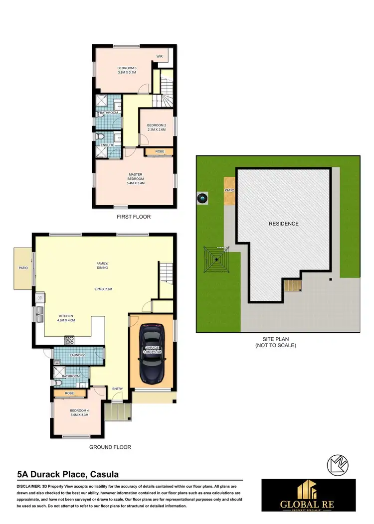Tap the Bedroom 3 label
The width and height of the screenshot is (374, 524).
click(127, 68)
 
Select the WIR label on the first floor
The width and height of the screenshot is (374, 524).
click(160, 57)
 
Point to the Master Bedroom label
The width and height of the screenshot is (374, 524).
click(136, 176)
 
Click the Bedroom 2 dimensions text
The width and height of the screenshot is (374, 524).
click(156, 130)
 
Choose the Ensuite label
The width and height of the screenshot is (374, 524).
click(107, 145)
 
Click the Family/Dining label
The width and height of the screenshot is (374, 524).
click(102, 265)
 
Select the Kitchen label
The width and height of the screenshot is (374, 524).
click(67, 316)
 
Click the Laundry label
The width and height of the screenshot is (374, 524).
click(77, 355)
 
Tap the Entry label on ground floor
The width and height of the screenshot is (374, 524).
click(117, 389)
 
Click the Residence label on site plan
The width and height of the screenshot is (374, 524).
click(284, 224)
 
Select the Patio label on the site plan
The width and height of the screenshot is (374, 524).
click(229, 190)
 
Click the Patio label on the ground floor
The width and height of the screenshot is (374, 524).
click(23, 268)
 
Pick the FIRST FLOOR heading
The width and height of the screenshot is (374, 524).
click(133, 217)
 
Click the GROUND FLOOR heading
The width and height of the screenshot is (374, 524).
click(110, 447)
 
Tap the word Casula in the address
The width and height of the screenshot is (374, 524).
click(102, 474)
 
